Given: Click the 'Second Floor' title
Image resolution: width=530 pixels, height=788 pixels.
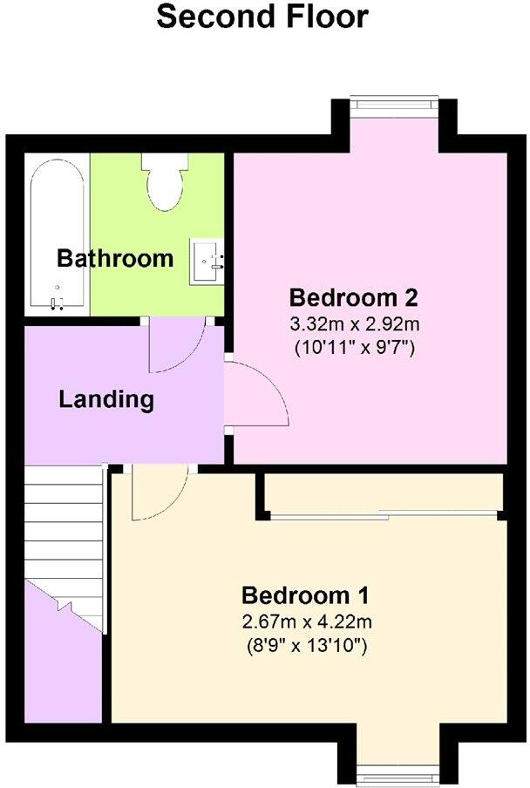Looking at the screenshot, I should [262, 16].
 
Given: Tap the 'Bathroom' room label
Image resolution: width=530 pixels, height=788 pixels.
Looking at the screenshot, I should [115, 259].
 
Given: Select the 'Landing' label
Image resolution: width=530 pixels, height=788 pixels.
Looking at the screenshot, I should [106, 400].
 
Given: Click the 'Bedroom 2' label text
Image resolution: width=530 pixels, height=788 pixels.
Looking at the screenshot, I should [354, 297].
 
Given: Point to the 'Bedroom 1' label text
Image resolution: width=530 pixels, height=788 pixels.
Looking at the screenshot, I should [306, 596].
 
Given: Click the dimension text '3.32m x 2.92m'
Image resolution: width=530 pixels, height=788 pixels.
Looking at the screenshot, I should [354, 324].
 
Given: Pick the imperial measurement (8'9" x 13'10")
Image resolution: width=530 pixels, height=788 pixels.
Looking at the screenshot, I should [306, 647].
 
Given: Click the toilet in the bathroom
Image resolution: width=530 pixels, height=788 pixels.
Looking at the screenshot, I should [166, 179].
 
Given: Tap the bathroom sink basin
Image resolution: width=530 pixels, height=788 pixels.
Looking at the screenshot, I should [207, 258].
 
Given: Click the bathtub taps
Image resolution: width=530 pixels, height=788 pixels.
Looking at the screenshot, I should [58, 300].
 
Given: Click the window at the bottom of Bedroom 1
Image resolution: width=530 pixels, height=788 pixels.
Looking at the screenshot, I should [393, 771].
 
